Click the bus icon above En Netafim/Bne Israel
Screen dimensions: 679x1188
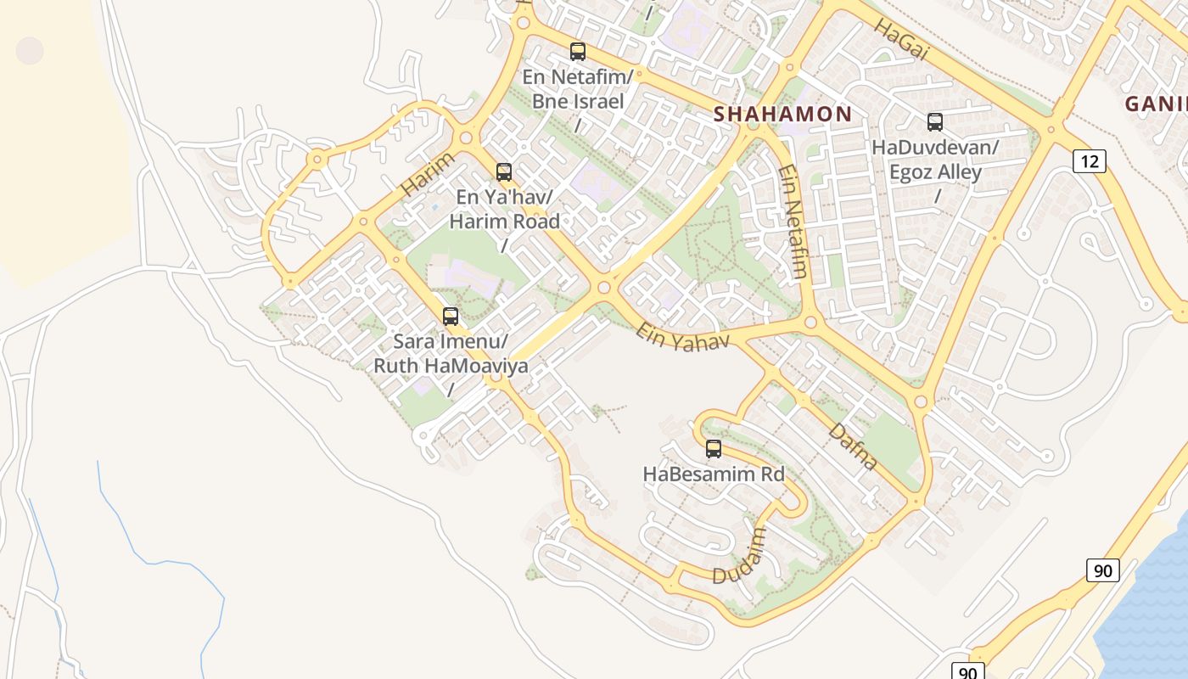578,52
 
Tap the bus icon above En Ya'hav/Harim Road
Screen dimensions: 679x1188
504,172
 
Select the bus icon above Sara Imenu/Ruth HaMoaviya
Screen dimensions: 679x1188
451,317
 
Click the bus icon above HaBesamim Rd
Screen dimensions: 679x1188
714,449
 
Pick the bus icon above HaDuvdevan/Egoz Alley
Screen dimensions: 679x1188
935,122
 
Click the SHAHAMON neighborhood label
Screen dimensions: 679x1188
782,114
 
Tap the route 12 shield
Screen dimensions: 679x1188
1089,160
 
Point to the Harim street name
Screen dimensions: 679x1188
428,175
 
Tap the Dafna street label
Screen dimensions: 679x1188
852,446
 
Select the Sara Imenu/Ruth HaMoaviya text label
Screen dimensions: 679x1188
451,354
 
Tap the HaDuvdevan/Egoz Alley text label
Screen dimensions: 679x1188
935,160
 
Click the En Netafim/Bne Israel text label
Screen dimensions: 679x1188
578,89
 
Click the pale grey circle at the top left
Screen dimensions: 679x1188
30,50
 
